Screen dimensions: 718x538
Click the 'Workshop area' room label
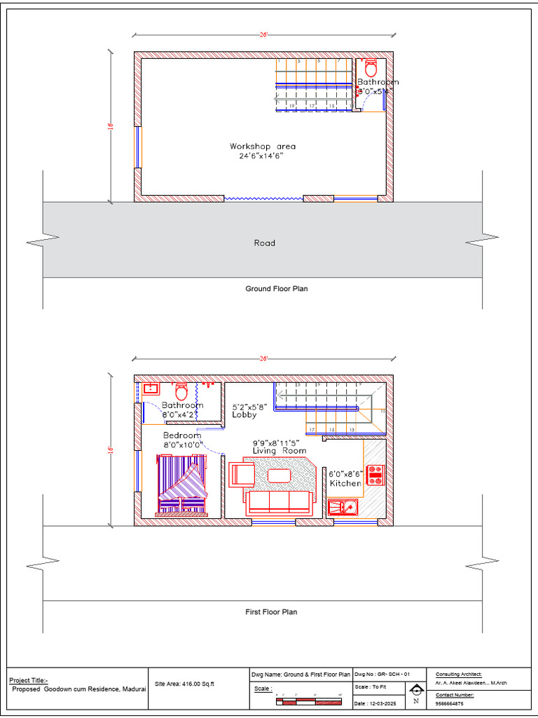[x=263, y=147]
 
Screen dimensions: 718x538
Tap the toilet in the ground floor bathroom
[x=371, y=68]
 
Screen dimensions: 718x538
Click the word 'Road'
[x=264, y=243]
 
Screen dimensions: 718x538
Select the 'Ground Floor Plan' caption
[x=276, y=288]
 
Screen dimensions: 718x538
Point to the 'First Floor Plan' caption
[x=270, y=612]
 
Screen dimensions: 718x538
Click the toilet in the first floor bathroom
[x=181, y=391]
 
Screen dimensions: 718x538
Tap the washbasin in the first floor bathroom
[x=150, y=388]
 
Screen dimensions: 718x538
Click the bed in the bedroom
[x=182, y=485]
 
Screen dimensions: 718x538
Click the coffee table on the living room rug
[x=280, y=475]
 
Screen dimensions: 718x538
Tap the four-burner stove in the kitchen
[x=375, y=475]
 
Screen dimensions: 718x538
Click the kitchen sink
[x=343, y=506]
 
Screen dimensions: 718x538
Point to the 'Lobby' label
[x=244, y=414]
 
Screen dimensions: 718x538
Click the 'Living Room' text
[x=279, y=451]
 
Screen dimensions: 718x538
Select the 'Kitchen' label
[x=345, y=483]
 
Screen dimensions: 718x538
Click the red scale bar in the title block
[x=308, y=701]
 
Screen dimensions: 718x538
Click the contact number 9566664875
[x=449, y=703]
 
